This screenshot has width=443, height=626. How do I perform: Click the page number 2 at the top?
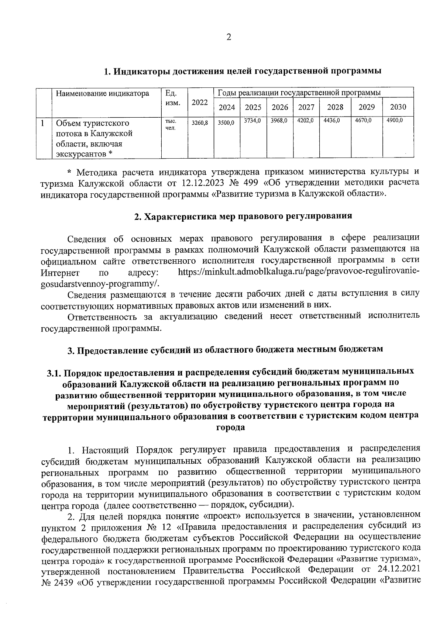(x=229, y=38)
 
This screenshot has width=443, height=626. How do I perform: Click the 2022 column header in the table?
(x=200, y=102)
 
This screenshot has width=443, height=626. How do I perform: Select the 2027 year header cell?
(x=306, y=107)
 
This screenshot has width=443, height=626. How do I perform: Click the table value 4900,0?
(x=395, y=121)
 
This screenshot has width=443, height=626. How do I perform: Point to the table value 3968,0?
(x=279, y=121)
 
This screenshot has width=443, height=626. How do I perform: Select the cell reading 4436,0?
(x=332, y=121)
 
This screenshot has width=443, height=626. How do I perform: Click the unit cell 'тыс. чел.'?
(x=170, y=124)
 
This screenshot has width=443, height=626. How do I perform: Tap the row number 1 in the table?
(x=43, y=122)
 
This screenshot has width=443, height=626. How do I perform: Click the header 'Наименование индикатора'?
(x=102, y=93)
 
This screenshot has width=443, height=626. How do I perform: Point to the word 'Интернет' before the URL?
(x=60, y=273)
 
